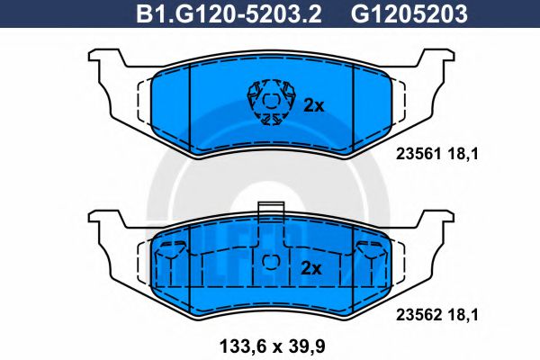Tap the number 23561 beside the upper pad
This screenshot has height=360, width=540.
click(x=416, y=153)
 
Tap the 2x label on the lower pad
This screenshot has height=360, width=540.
click(x=310, y=268)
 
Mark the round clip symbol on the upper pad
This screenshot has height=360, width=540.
click(x=269, y=102)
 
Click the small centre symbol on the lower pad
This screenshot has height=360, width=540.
click(x=269, y=262)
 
